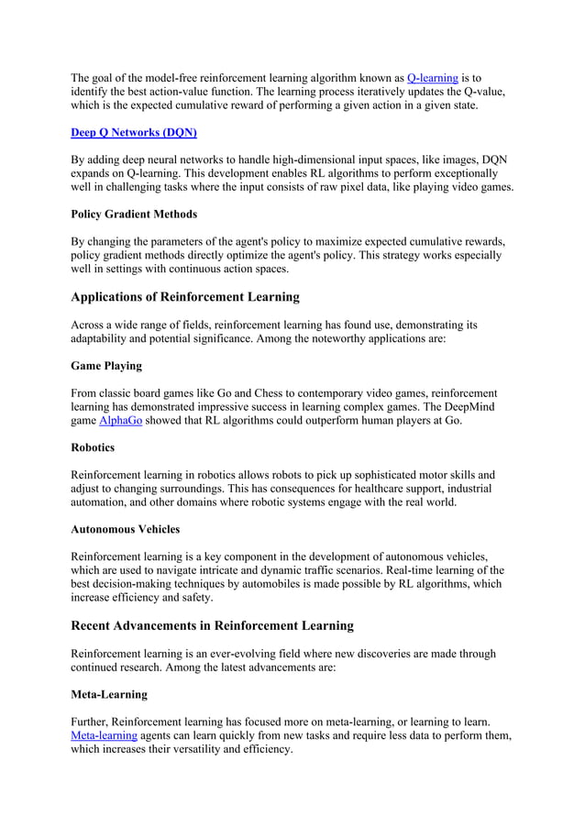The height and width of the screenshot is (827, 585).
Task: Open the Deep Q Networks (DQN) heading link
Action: pos(133,132)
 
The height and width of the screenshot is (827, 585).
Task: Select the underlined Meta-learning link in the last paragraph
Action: pos(105,735)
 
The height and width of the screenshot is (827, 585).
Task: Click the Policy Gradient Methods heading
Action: pos(134,214)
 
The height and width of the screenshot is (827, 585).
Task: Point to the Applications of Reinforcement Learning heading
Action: pos(184,297)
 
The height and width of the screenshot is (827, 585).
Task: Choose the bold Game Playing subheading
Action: pos(106,366)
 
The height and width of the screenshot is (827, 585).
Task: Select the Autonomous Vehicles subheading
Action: pos(125,529)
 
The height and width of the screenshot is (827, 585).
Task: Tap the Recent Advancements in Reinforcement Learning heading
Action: pos(212,626)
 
